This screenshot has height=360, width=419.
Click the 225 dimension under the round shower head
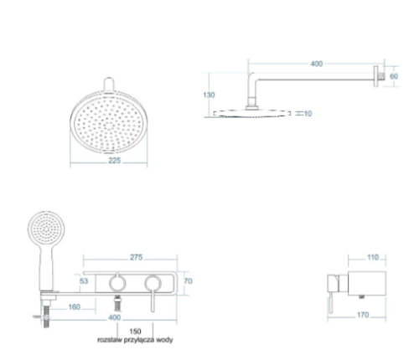114,161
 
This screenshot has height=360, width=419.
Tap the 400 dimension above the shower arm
317,64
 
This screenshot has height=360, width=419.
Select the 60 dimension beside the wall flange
393,76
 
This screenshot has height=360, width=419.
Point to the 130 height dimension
209,95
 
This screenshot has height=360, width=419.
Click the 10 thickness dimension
308,114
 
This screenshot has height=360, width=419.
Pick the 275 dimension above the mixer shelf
136,257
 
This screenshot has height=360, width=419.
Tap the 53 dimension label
84,281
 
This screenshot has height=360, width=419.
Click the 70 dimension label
188,281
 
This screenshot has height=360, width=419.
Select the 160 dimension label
75,307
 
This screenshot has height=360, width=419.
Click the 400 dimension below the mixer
114,317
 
